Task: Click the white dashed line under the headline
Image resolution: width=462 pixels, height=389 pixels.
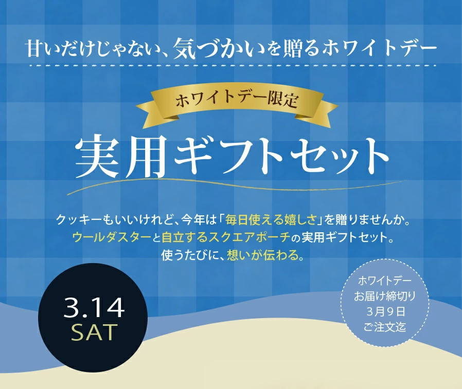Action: click(232, 66)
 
